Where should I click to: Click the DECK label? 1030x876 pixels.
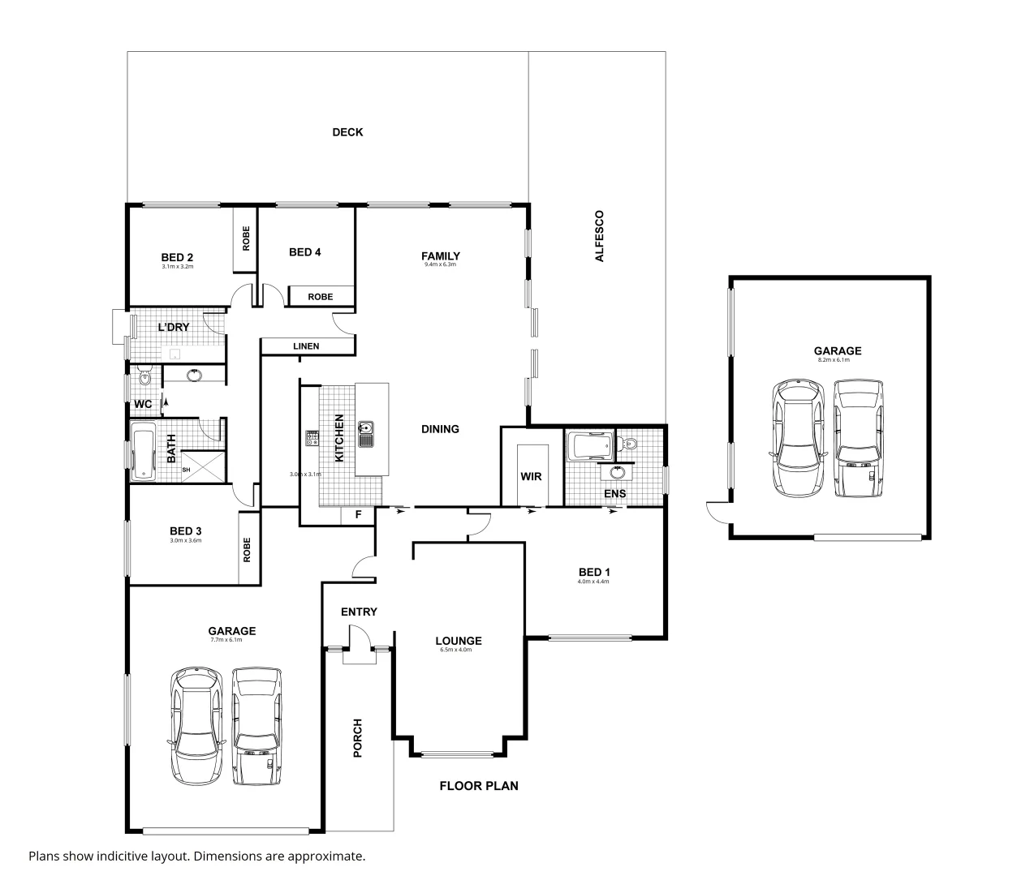(347, 132)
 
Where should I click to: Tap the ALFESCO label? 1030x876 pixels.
(600, 236)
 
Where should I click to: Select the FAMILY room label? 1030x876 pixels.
(441, 255)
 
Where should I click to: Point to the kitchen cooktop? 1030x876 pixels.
(312, 438)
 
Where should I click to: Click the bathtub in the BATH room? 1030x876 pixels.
(144, 452)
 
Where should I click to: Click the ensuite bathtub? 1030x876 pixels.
(588, 445)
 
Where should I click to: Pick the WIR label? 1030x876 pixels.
(532, 477)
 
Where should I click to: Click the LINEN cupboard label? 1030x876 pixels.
(306, 346)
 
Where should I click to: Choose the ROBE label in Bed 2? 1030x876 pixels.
(245, 238)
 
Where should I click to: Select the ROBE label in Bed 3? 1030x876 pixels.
(248, 551)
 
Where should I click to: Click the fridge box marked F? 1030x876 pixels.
(357, 515)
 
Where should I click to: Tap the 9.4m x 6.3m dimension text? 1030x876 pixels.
(441, 265)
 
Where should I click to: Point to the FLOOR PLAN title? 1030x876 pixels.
(479, 785)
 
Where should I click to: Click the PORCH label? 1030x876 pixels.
(358, 738)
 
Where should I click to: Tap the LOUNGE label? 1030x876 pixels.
(459, 641)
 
